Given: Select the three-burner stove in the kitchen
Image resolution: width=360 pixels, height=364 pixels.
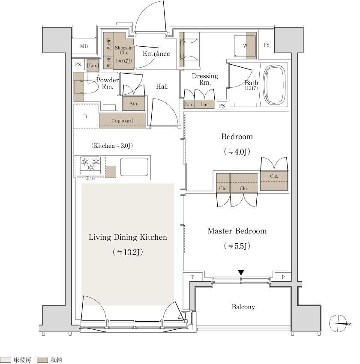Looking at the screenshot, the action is pyautogui.click(x=90, y=165).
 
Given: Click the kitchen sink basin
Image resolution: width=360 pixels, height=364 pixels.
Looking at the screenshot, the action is pyautogui.click(x=134, y=167).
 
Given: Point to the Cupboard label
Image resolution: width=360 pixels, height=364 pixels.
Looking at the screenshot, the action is pyautogui.click(x=122, y=121).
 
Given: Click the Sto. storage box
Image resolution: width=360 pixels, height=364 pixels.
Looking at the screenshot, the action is pyautogui.click(x=134, y=103).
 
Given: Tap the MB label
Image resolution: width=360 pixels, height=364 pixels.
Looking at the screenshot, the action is pyautogui.click(x=84, y=46).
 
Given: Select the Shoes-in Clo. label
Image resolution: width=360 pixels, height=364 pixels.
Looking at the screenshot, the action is pyautogui.click(x=124, y=50).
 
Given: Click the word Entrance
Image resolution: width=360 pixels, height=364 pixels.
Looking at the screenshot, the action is pyautogui.click(x=156, y=54).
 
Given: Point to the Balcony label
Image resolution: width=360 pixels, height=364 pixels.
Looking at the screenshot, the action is pyautogui.click(x=243, y=307).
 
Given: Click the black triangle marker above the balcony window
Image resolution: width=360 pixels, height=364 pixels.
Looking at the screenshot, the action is pyautogui.click(x=241, y=272).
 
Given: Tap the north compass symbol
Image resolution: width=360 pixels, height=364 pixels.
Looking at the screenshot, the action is pyautogui.click(x=339, y=323).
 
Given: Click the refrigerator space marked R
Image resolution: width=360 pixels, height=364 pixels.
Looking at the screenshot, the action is pyautogui.click(x=86, y=116).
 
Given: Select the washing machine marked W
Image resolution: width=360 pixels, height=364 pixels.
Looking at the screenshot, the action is pyautogui.click(x=245, y=45).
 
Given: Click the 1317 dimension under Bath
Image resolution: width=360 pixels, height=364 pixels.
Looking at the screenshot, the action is pyautogui.click(x=251, y=88).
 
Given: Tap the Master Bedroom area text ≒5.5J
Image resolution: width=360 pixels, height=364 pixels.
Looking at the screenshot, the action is pyautogui.click(x=237, y=246).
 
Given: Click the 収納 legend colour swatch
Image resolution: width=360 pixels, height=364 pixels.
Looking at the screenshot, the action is pyautogui.click(x=42, y=360).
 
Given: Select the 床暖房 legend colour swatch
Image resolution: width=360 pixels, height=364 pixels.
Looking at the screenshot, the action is pyautogui.click(x=6, y=360).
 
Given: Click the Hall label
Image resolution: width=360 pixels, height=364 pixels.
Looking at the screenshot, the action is pyautogui.click(x=162, y=87).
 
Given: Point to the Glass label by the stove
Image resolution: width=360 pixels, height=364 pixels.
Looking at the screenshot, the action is pyautogui.click(x=90, y=178).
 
